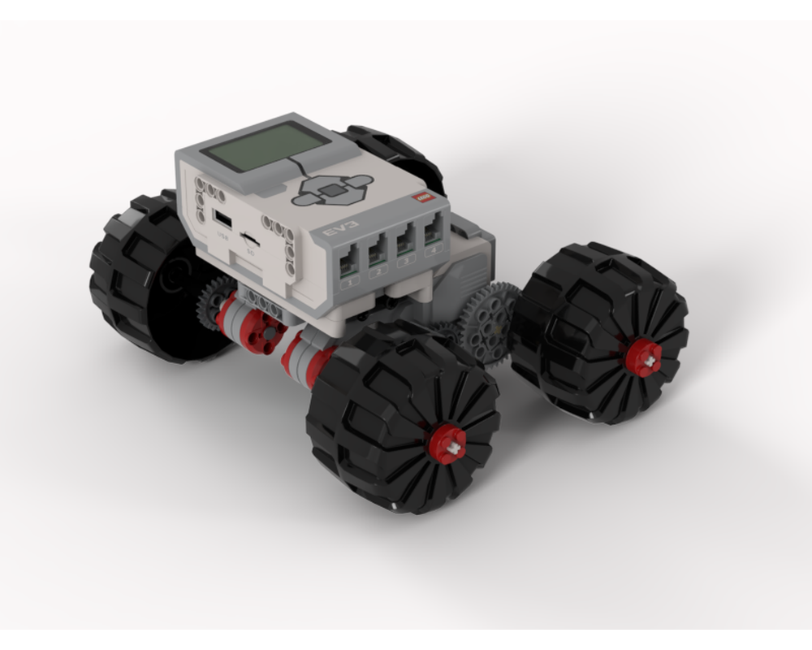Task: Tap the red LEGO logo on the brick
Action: click(421, 197)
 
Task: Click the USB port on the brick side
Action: click(221, 219)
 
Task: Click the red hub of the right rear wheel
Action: click(643, 357)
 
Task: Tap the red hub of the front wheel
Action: click(447, 444)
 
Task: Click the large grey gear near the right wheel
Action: click(486, 322)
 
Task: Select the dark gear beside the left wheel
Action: click(213, 301)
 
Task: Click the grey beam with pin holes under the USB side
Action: click(260, 301)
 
